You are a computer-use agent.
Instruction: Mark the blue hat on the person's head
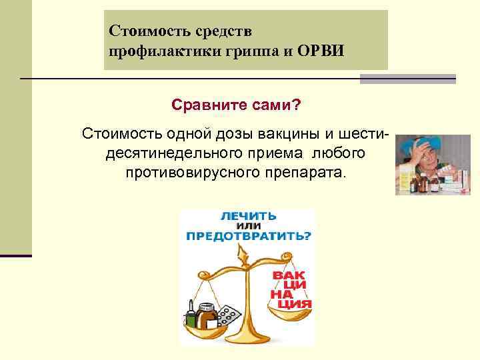(421, 142)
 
